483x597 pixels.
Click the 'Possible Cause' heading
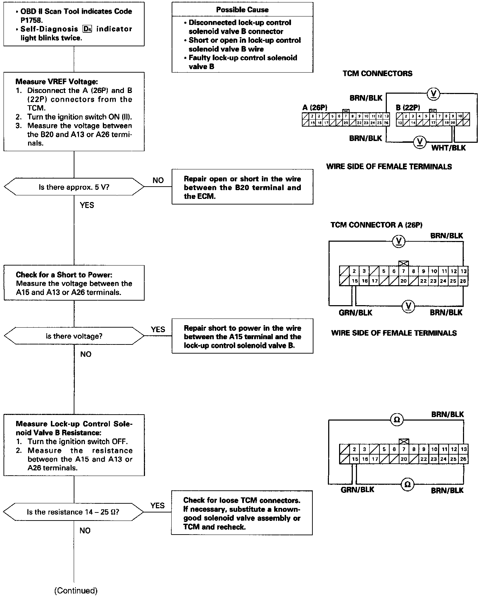242,10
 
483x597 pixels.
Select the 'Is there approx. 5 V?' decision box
74,187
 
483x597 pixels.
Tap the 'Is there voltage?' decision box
74,336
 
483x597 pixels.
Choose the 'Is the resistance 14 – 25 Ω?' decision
73,512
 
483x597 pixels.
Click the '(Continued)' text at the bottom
76,591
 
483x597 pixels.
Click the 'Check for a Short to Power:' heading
64,275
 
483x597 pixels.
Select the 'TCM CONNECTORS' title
377,74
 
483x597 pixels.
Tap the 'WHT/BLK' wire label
448,148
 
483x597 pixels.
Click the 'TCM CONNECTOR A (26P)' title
376,225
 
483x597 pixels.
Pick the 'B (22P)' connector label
408,108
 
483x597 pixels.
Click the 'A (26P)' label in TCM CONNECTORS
315,108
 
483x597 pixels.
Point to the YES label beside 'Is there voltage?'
158,329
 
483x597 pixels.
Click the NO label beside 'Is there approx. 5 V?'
158,180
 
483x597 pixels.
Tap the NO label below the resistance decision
85,531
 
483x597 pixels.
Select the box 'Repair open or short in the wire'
242,187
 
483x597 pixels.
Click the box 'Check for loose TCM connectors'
242,513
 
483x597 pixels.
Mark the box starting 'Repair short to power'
242,336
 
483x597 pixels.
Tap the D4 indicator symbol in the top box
87,29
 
